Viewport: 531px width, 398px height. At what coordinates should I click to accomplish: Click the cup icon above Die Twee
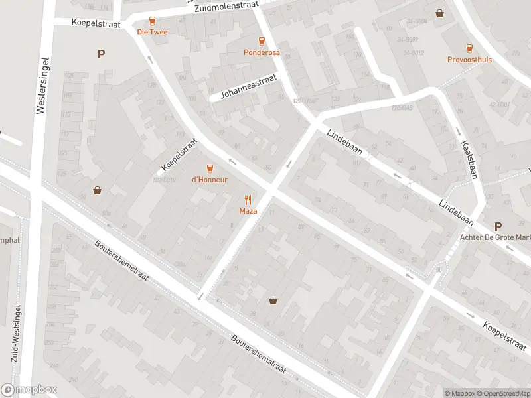152,21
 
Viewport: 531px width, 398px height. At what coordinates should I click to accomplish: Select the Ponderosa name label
262,52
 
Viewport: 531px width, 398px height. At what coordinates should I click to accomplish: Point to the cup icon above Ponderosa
262,40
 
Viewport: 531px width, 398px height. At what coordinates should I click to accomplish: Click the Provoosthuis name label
469,59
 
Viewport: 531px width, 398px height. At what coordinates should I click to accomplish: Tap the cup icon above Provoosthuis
469,48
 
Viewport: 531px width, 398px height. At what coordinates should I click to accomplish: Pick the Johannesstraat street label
245,90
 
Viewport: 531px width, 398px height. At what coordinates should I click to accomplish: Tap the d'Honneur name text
210,179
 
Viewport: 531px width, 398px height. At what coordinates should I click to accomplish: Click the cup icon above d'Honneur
210,168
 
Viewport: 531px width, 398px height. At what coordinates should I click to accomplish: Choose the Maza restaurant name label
248,211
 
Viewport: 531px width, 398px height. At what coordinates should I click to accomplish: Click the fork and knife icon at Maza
248,199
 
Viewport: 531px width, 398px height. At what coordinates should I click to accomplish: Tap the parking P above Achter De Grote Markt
498,226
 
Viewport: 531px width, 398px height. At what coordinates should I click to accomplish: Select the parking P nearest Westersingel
101,54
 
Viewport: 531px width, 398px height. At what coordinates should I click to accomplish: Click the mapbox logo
29,390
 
